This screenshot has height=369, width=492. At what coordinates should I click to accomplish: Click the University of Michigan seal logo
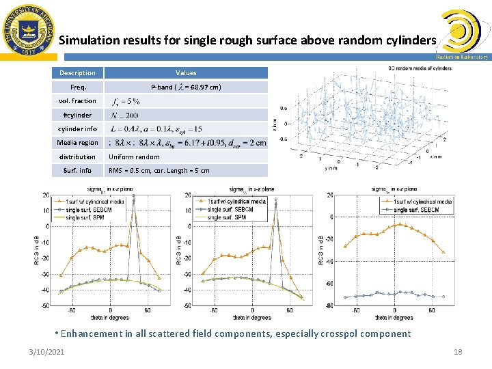[29, 29]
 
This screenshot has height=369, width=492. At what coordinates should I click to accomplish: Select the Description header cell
[77, 73]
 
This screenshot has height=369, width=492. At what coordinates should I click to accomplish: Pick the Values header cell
[186, 73]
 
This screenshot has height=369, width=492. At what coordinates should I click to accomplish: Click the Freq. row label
[77, 87]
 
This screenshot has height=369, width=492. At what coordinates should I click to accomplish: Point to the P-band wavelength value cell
[186, 87]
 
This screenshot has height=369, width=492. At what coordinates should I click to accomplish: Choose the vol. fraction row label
[77, 101]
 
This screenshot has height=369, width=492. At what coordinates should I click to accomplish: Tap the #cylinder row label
[77, 115]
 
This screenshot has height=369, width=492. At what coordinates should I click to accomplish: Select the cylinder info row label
[77, 129]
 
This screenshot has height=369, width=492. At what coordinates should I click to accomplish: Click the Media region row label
[77, 143]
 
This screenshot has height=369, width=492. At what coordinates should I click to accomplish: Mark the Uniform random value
[133, 157]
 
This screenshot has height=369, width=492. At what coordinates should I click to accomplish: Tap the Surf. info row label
[77, 171]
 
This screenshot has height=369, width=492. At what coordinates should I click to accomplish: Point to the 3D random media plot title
[420, 68]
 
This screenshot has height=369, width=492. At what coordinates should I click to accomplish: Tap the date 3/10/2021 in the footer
[47, 352]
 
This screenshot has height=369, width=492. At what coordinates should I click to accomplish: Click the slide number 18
[458, 352]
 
